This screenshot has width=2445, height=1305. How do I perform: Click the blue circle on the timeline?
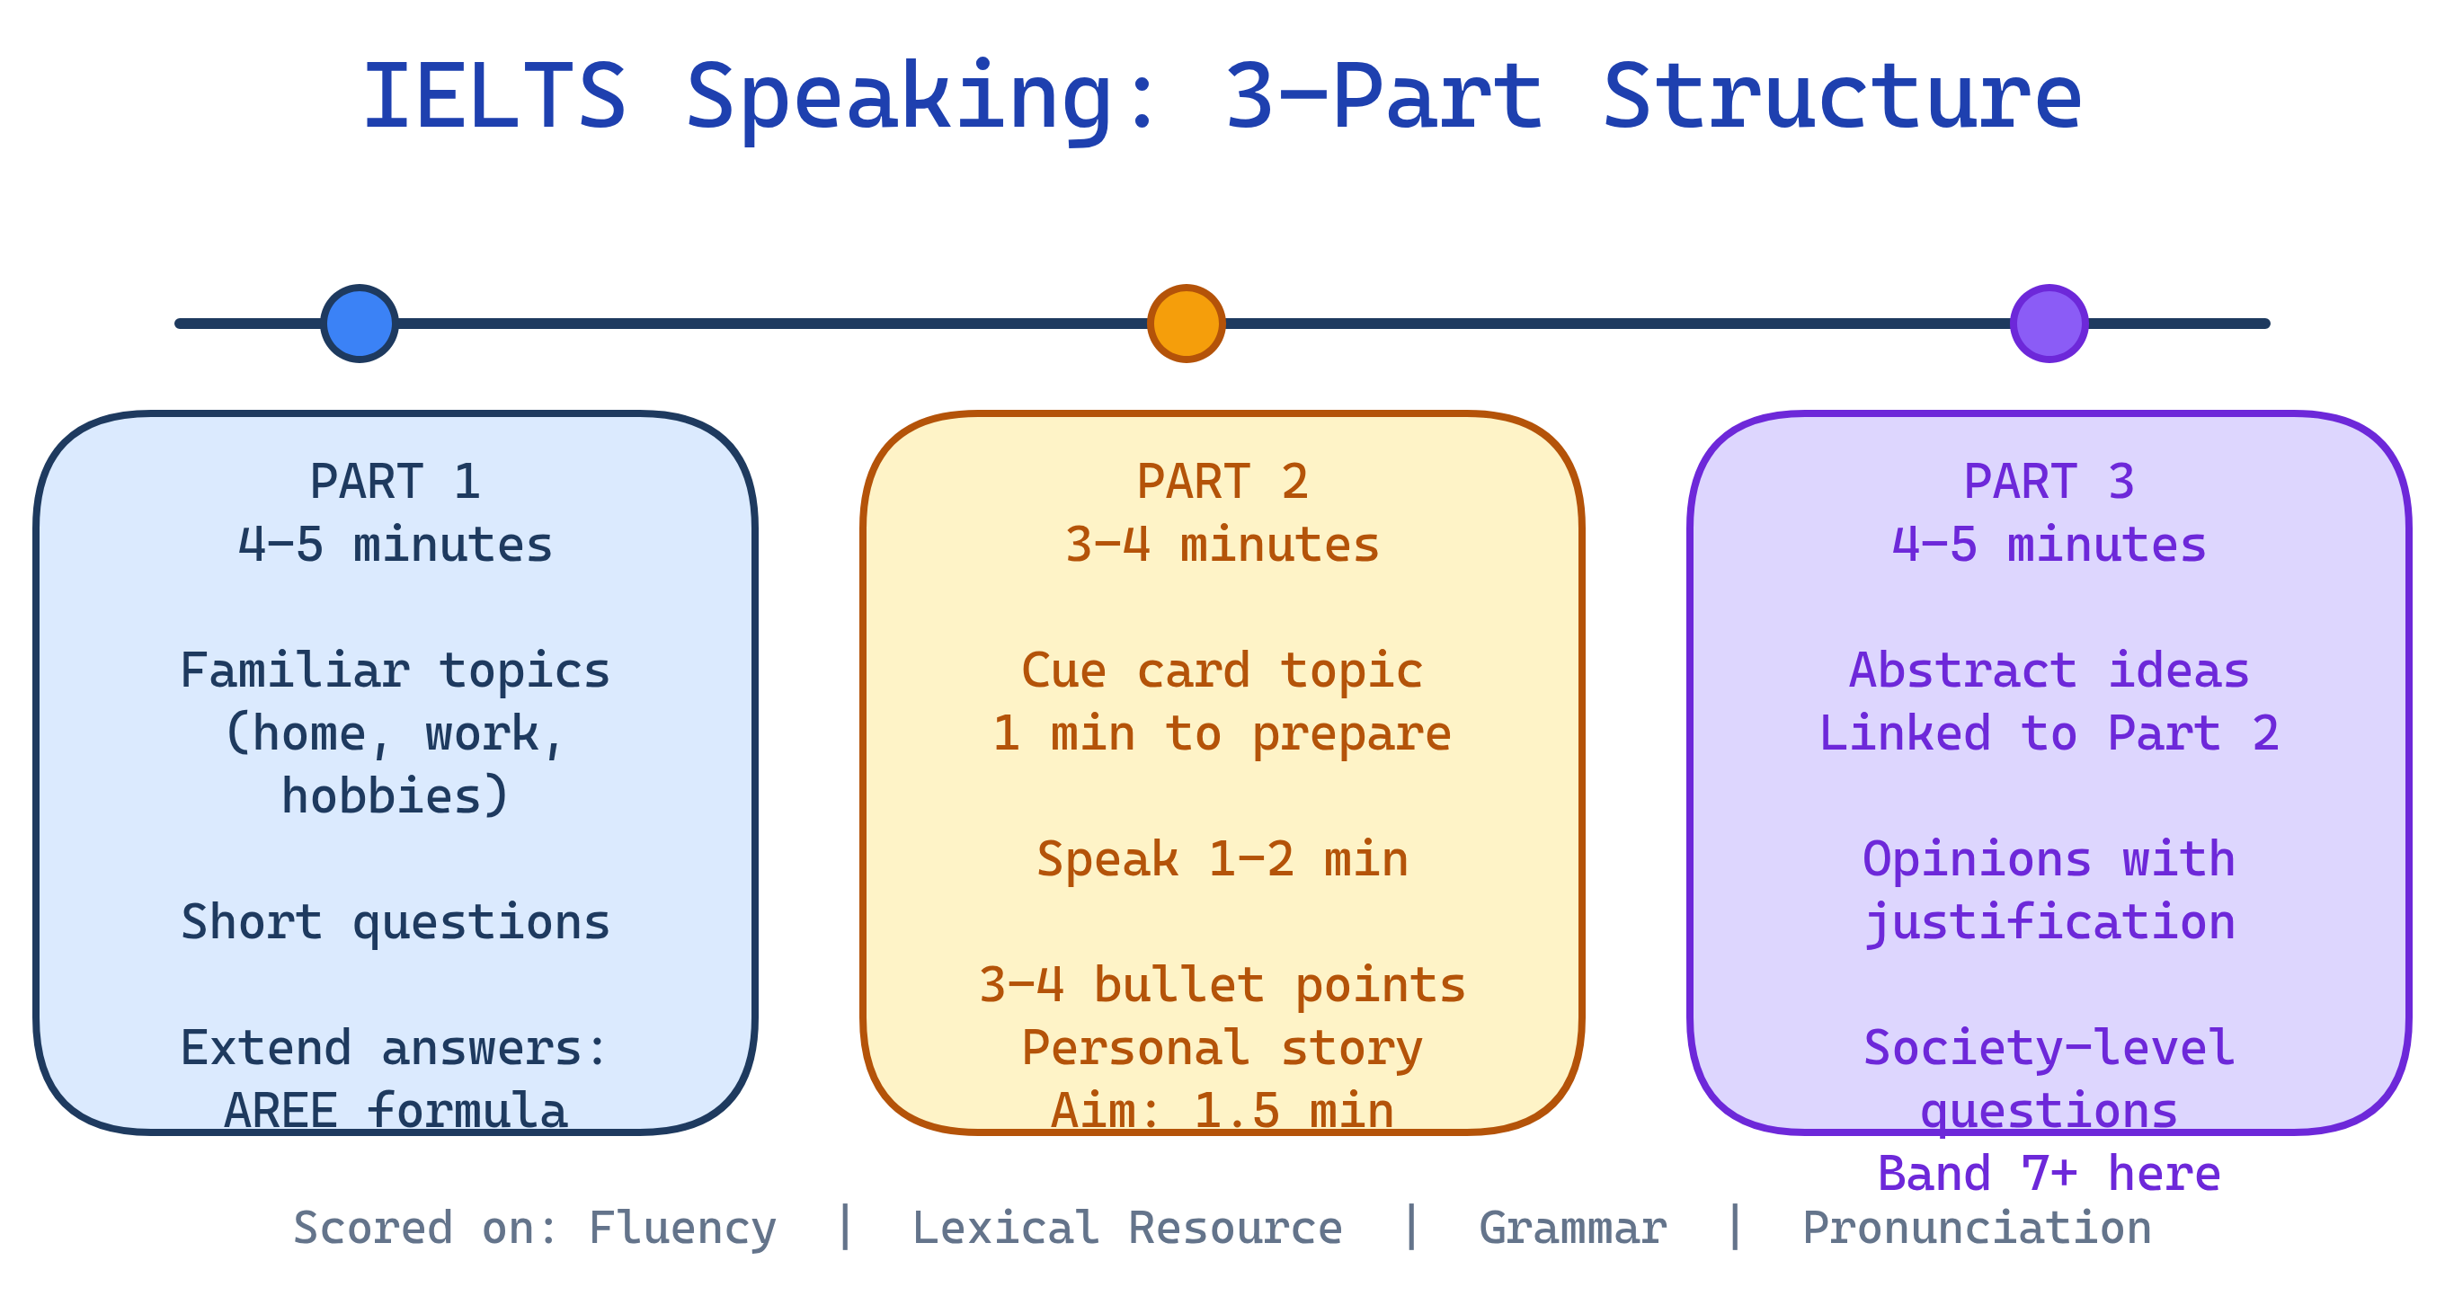359,324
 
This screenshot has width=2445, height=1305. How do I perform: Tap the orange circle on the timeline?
1186,324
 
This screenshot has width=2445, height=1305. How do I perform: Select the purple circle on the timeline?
2049,324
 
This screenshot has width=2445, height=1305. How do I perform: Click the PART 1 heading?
395,481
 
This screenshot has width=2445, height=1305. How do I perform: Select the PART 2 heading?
1222,481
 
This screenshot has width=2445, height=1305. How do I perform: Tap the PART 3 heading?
2049,481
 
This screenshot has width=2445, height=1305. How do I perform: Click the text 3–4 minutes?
1222,545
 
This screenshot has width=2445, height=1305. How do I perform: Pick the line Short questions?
395,921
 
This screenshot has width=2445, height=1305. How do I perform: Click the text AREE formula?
395,1109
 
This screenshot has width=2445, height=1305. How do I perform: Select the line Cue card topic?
1222,670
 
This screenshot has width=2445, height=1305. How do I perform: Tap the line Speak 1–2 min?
1222,859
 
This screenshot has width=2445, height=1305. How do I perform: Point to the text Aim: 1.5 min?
1222,1109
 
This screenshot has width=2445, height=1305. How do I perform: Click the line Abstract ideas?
2049,670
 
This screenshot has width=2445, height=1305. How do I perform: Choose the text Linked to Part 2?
2049,732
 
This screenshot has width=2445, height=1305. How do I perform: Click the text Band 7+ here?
2049,1173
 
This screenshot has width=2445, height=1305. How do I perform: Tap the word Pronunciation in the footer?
1976,1227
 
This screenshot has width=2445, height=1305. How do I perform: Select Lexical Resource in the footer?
1126,1227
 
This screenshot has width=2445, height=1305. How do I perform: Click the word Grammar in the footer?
1572,1227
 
